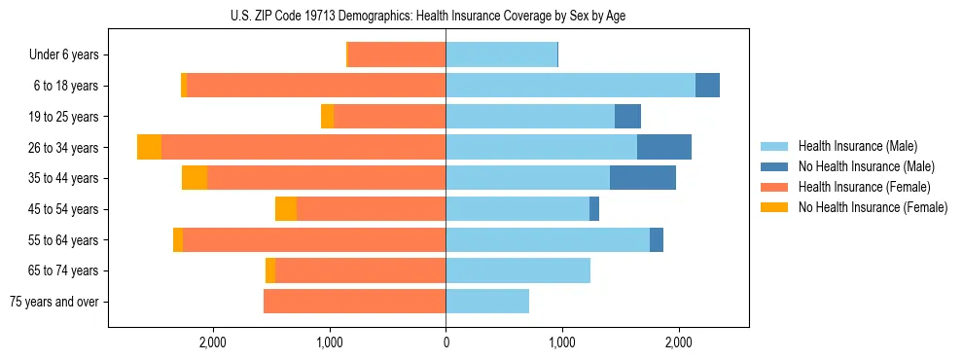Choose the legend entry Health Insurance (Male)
[x=857, y=146]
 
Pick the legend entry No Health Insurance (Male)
[x=866, y=166]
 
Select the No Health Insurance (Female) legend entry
[x=872, y=207]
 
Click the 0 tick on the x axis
[x=446, y=342]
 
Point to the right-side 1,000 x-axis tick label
[x=561, y=342]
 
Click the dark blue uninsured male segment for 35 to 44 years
[x=643, y=178]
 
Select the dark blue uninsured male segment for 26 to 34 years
[x=664, y=147]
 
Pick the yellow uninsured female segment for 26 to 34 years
[x=149, y=147]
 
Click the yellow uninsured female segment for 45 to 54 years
[x=286, y=209]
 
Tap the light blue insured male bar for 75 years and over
[x=487, y=302]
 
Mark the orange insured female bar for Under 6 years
[x=397, y=54]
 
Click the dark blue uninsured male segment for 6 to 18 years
[x=707, y=86]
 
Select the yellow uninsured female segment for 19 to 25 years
[x=327, y=117]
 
